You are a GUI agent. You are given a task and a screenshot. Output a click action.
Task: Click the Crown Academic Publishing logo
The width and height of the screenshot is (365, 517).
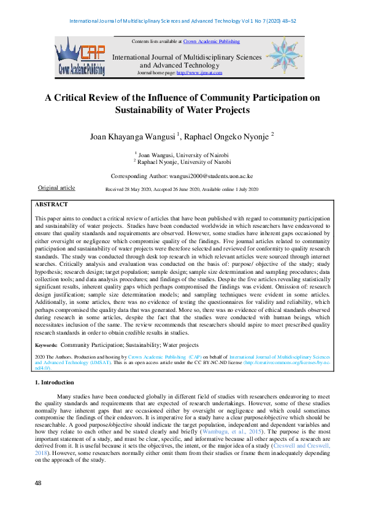tap(80, 56)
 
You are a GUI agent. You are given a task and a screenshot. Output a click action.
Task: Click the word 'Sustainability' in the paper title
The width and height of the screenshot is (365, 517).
tap(155, 111)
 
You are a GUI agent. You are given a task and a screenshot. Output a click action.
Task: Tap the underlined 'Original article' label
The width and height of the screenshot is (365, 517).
tap(56, 188)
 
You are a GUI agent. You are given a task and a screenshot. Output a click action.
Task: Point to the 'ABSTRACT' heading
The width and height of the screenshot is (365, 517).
tap(52, 204)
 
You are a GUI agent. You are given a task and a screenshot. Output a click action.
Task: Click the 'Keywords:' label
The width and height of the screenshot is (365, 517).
tap(46, 345)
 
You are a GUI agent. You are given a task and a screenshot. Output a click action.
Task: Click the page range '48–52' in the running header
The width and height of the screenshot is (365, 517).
tap(286, 21)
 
